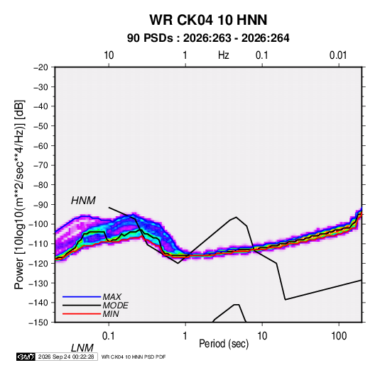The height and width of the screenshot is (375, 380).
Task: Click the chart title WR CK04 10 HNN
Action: pyautogui.click(x=208, y=20)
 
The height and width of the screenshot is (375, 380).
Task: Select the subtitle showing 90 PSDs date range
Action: pyautogui.click(x=208, y=38)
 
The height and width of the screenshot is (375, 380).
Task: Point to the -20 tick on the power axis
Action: pyautogui.click(x=40, y=67)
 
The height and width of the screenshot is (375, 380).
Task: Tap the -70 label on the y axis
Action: pyautogui.click(x=40, y=165)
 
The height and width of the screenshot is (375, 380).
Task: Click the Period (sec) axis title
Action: pyautogui.click(x=224, y=344)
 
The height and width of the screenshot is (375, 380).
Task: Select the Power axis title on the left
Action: pyautogui.click(x=19, y=195)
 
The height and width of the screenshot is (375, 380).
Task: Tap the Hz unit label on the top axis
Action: pyautogui.click(x=224, y=55)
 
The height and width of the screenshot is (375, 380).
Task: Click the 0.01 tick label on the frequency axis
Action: pyautogui.click(x=338, y=55)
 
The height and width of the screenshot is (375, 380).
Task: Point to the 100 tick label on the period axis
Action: pyautogui.click(x=339, y=336)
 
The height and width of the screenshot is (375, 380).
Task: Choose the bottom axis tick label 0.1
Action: pyautogui.click(x=109, y=336)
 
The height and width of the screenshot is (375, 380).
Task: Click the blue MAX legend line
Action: pyautogui.click(x=82, y=297)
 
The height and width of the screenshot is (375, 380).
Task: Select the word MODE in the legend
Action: pyautogui.click(x=115, y=306)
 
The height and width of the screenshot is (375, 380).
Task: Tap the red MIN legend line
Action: pyautogui.click(x=82, y=314)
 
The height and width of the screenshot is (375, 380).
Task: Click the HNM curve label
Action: pyautogui.click(x=83, y=201)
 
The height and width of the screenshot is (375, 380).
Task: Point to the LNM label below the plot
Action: pyautogui.click(x=82, y=348)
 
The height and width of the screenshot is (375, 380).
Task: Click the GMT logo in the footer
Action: pyautogui.click(x=26, y=357)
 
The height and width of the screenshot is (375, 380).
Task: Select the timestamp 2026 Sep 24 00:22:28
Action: pyautogui.click(x=66, y=357)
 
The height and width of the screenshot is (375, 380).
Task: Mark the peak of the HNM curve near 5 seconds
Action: pyautogui.click(x=236, y=217)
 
